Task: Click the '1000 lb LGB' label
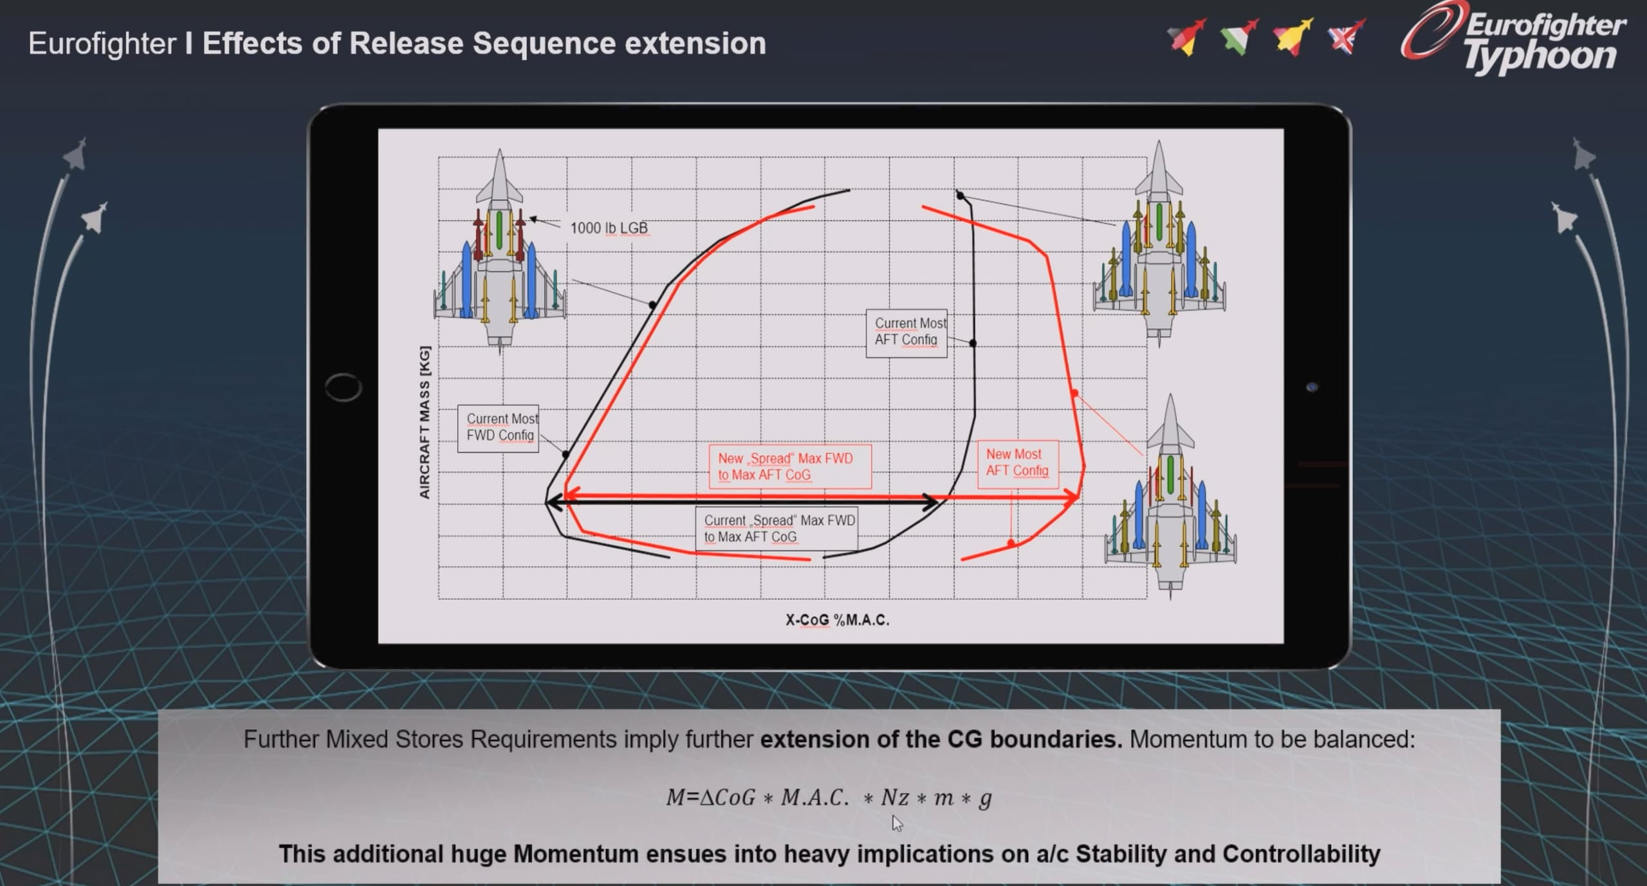(x=609, y=228)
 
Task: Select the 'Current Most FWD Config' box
(x=499, y=428)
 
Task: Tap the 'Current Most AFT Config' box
(x=906, y=333)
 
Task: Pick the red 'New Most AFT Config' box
(x=1018, y=464)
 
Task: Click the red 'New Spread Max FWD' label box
(x=790, y=467)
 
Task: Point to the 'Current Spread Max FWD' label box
(x=777, y=529)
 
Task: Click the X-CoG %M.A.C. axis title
(x=837, y=620)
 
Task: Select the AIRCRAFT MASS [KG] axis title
(x=425, y=422)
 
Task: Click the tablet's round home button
(x=344, y=387)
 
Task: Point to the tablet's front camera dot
(x=1312, y=387)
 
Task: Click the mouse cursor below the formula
(x=897, y=823)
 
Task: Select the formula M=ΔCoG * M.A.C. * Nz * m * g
(x=829, y=798)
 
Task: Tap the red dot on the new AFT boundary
(x=1074, y=393)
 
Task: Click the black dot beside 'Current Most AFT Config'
(x=973, y=343)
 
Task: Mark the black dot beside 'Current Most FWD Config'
(x=566, y=455)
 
